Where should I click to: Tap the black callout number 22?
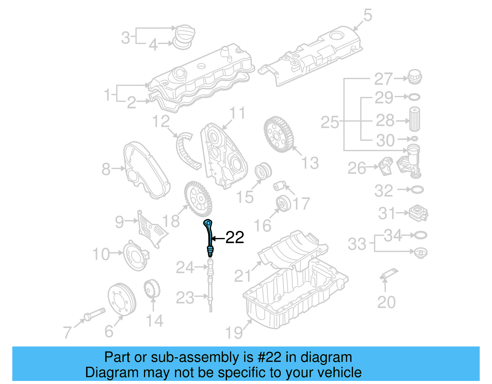(235, 238)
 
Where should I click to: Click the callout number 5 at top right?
(368, 15)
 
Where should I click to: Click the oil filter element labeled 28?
(414, 119)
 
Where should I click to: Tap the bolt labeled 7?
(94, 314)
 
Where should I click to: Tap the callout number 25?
(330, 122)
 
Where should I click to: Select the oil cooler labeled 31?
(419, 213)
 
